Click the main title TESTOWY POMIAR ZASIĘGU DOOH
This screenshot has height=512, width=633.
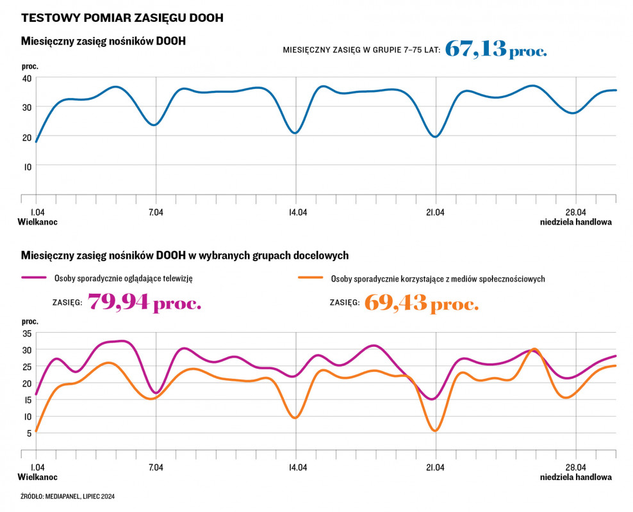point(122,18)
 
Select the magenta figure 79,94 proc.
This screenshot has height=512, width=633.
point(145,301)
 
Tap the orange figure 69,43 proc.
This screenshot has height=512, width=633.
point(422,302)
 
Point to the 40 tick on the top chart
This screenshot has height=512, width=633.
point(27,78)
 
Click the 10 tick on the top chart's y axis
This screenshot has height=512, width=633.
point(28,166)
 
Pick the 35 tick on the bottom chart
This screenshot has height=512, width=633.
point(27,333)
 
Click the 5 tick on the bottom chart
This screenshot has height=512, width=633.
point(29,433)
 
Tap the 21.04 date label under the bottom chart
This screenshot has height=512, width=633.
point(436,467)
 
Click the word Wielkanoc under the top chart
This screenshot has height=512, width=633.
point(37,223)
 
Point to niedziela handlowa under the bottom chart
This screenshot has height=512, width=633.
point(575,477)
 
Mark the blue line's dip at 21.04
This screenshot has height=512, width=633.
point(436,136)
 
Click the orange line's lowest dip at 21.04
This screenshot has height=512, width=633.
point(436,431)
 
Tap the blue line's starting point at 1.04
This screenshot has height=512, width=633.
point(37,141)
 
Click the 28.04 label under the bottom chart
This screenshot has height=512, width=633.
point(575,467)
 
